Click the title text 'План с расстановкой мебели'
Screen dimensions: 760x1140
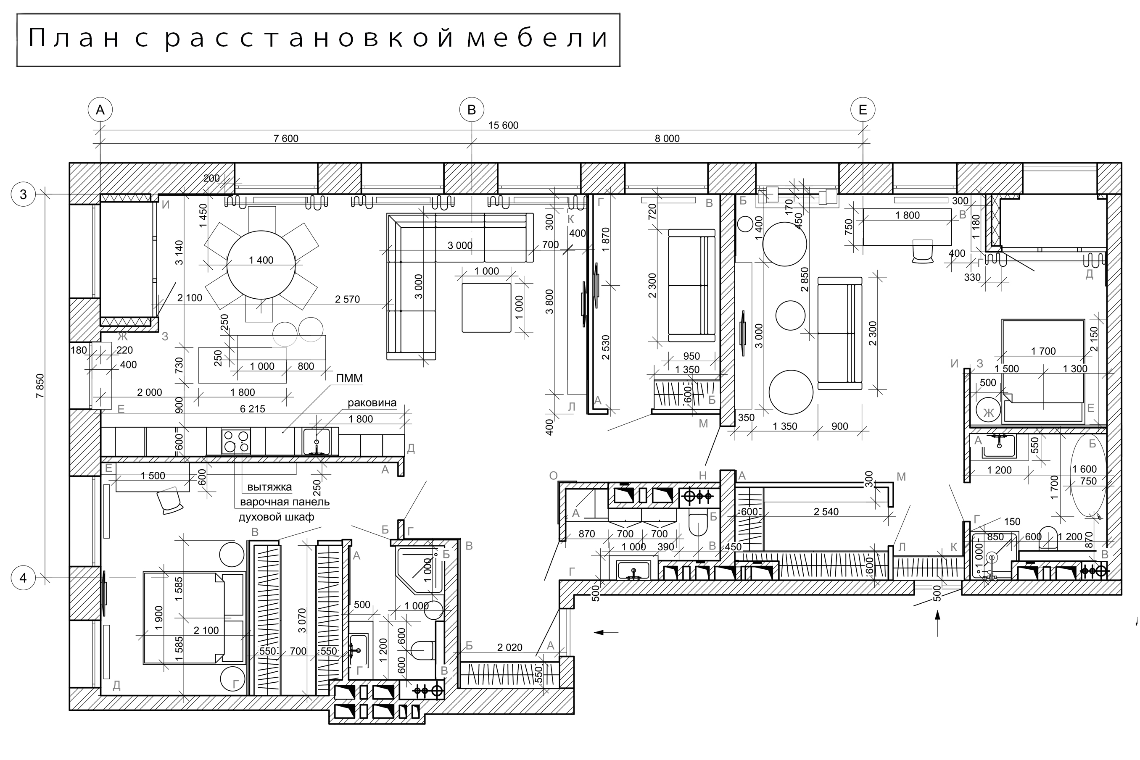tap(318, 39)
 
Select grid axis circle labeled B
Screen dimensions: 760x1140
tap(471, 110)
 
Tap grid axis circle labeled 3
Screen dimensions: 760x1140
tap(23, 195)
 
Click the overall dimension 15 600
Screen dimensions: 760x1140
tap(503, 125)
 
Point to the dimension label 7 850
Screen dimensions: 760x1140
tap(40, 386)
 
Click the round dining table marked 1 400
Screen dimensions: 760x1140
tap(261, 265)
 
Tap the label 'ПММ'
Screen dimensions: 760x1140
tap(349, 378)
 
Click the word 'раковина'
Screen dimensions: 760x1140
tap(372, 403)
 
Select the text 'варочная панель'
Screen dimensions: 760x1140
tap(285, 502)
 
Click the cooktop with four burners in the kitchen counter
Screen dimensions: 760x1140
tap(236, 442)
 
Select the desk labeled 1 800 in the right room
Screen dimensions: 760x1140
tap(907, 226)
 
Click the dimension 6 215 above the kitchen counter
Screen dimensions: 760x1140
tap(252, 409)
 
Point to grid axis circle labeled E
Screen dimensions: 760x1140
tap(863, 110)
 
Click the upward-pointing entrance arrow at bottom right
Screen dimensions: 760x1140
tap(937, 623)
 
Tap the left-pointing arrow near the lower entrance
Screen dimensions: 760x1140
tap(606, 632)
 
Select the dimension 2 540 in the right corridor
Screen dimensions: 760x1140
tap(826, 511)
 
